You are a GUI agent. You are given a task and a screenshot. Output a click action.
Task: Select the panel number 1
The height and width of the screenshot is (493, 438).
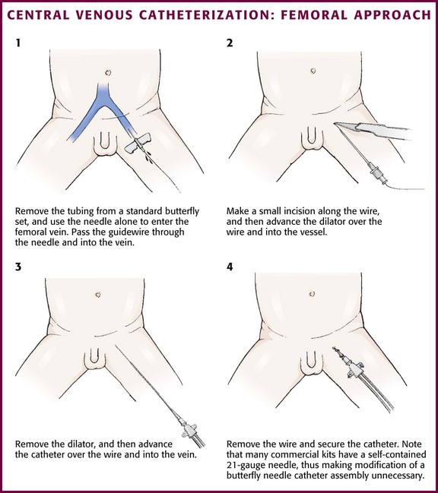tap(18, 43)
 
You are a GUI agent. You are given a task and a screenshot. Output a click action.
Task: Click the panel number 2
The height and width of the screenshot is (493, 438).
tap(230, 43)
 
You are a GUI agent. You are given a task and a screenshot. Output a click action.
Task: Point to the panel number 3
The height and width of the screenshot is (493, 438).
tap(18, 267)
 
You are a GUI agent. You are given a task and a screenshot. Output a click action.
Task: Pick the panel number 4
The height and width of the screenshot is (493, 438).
tap(230, 267)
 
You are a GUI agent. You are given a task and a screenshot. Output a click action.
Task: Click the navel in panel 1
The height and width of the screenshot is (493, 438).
tap(108, 73)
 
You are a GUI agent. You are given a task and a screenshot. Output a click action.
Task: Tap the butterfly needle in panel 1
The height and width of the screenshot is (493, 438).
tap(138, 144)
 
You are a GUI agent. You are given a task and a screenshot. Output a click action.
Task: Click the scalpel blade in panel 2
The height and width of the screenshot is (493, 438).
tap(346, 126)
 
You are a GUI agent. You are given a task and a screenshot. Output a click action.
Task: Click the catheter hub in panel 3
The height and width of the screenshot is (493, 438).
tap(190, 429)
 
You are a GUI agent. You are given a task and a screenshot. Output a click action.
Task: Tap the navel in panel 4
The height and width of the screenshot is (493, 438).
tap(312, 294)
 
